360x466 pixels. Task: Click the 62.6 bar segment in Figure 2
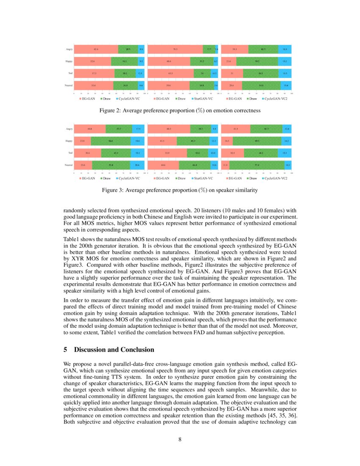96,50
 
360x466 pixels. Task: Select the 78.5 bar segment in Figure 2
175,50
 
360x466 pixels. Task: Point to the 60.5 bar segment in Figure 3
169,128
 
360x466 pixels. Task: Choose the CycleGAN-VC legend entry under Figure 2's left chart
130,99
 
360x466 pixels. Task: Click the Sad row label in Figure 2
70,73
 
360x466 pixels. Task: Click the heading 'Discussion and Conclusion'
114,349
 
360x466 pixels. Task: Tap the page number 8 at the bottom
180,439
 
